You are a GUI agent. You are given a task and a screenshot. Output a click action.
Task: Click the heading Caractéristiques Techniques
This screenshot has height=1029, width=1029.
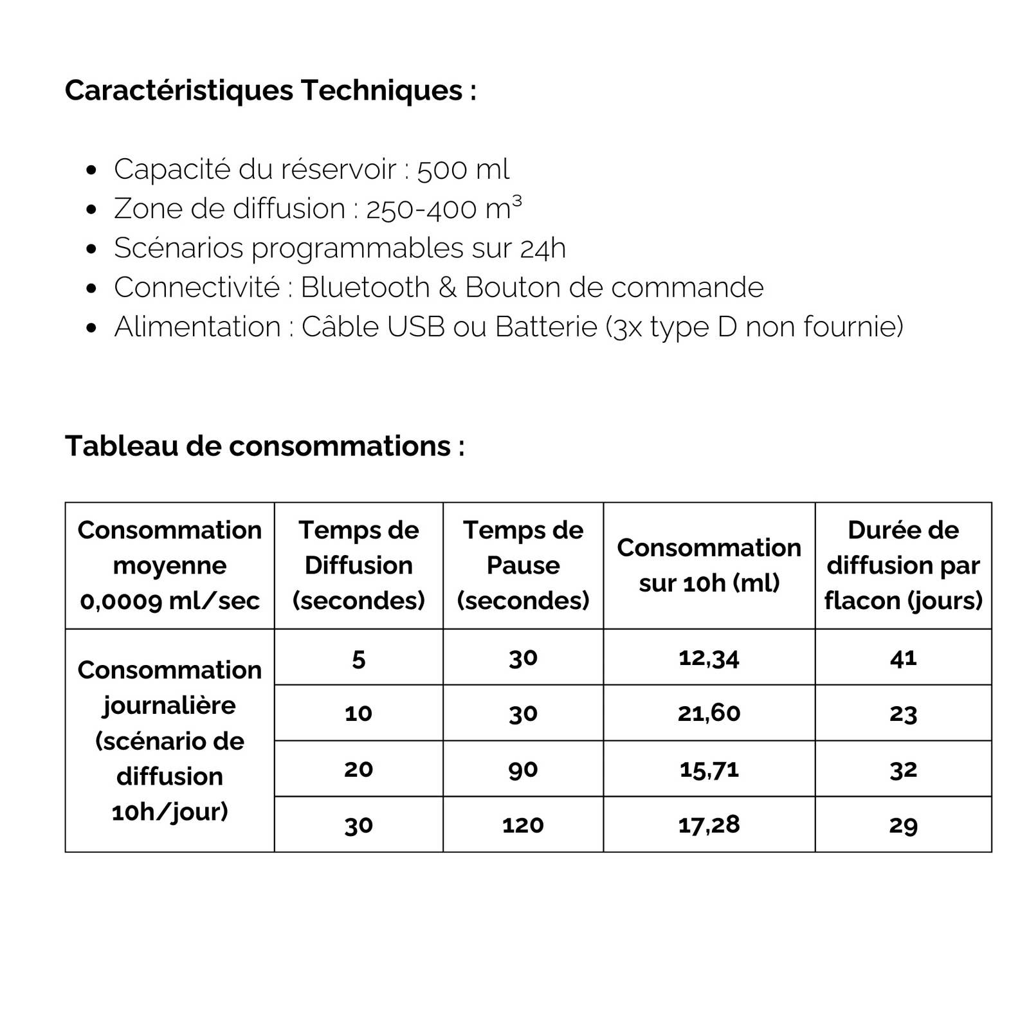click(270, 90)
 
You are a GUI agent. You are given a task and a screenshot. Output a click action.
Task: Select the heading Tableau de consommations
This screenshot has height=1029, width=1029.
click(264, 446)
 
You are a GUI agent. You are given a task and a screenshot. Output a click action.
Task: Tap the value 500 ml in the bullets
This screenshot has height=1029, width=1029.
click(463, 170)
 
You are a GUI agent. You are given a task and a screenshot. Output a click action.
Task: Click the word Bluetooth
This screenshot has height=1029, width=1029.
click(365, 287)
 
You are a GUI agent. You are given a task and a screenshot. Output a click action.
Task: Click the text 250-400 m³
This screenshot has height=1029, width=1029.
click(444, 208)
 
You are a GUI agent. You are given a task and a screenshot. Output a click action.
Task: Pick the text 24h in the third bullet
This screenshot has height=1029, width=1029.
click(543, 248)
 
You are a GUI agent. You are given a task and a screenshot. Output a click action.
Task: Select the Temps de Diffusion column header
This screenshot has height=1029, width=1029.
click(358, 565)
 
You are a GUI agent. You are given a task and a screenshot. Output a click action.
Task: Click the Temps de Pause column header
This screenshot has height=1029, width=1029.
click(523, 565)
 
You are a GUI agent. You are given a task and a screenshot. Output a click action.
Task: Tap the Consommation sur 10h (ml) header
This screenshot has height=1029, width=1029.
click(709, 565)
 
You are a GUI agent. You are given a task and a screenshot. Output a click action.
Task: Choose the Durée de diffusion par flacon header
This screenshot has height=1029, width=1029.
click(903, 565)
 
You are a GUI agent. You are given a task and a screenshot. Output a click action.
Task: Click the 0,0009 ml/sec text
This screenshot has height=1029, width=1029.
click(170, 601)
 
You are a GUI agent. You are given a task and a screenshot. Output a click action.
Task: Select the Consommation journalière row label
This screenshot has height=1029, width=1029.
click(170, 740)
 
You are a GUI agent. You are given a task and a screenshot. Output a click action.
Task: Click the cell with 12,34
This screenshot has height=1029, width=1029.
click(709, 658)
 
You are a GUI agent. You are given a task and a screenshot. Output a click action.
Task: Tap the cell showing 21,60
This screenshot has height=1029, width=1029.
click(709, 713)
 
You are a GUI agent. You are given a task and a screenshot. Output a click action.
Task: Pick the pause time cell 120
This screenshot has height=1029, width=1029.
click(523, 825)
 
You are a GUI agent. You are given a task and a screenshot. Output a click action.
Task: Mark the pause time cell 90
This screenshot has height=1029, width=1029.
click(523, 769)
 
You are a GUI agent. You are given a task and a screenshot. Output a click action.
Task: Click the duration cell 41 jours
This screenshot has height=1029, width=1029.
click(903, 658)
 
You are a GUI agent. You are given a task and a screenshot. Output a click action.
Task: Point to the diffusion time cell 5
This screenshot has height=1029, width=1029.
click(358, 659)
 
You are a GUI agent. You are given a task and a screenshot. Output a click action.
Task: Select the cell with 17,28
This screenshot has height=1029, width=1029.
click(709, 825)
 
